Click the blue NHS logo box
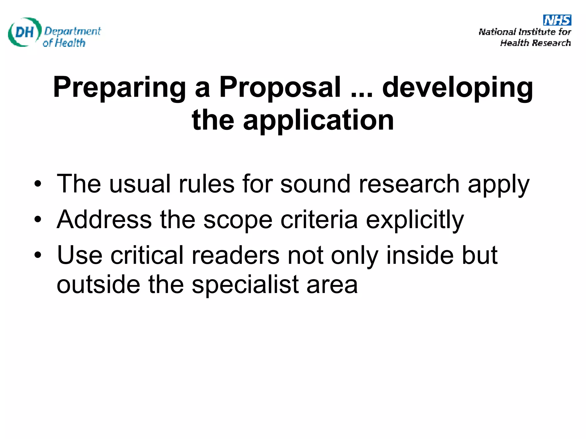coord(557,20)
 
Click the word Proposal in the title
coord(280,87)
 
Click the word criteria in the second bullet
coord(319,219)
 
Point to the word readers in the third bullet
coord(235,255)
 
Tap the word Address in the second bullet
coord(104,219)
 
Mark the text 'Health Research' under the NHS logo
coord(535,43)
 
